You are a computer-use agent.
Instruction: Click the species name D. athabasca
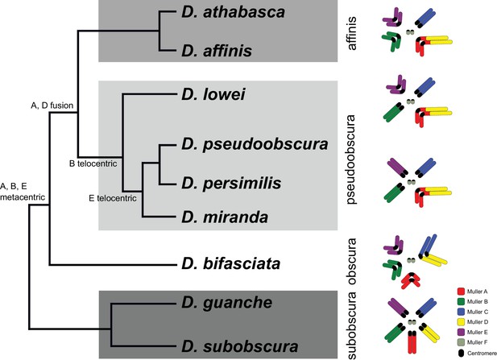(233, 12)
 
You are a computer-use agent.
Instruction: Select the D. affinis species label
(217, 51)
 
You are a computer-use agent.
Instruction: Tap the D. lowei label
(213, 94)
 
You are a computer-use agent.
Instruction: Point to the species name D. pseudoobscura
(255, 144)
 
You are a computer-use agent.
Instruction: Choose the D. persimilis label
(231, 183)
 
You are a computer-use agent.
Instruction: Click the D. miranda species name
(225, 217)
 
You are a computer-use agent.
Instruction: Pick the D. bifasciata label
(230, 263)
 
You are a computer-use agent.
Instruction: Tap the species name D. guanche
(226, 303)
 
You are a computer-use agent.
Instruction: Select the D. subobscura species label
(239, 346)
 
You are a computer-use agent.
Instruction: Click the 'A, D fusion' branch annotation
(52, 106)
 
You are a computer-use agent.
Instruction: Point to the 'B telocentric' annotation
(93, 163)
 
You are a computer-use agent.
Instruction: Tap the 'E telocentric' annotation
(113, 198)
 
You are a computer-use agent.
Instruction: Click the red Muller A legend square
(462, 292)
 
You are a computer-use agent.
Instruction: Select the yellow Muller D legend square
(462, 322)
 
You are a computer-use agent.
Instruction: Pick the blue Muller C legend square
(462, 312)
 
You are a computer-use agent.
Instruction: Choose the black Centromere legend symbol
(462, 353)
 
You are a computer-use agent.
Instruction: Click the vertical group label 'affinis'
(351, 33)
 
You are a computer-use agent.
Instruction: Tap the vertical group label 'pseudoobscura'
(351, 159)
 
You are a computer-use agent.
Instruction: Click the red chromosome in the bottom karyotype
(412, 342)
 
